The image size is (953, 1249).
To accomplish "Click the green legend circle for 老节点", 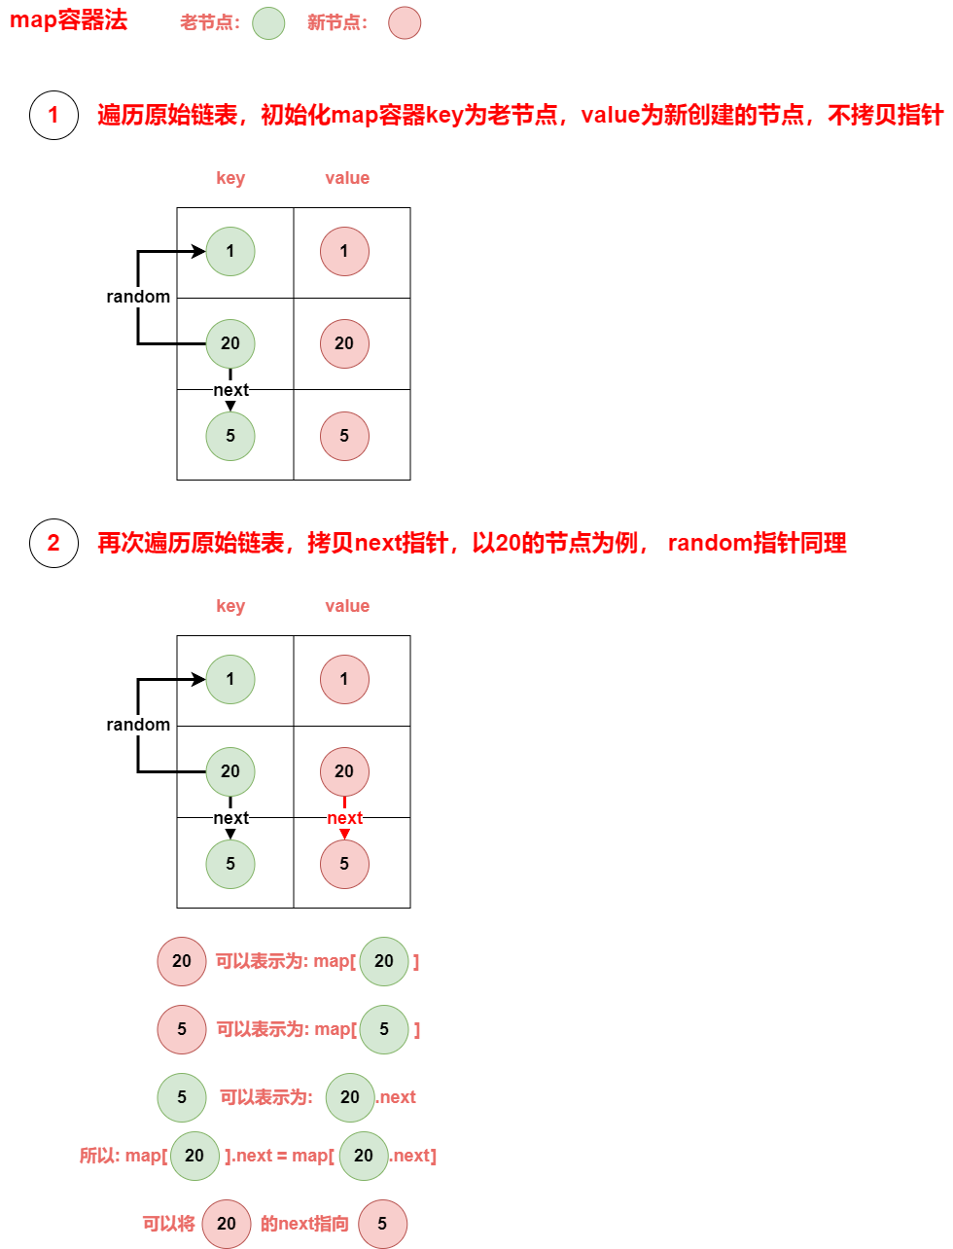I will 268,23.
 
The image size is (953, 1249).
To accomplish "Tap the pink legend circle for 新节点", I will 405,23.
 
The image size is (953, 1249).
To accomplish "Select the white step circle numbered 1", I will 53,115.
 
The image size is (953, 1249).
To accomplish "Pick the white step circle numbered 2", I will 53,543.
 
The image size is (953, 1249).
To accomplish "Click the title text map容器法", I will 68,21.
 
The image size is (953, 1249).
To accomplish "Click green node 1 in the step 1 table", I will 230,251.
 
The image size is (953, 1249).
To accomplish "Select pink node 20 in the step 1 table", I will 344,343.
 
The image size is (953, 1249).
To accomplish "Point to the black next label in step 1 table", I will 230,390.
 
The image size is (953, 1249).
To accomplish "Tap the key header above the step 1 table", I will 230,178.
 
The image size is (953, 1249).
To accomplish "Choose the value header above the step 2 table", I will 347,606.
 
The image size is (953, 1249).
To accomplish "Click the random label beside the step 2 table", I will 138,725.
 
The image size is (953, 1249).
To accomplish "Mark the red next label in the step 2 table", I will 344,818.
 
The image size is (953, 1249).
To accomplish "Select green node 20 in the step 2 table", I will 230,771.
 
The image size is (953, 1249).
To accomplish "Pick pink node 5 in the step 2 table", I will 344,864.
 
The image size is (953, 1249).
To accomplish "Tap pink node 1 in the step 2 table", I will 344,679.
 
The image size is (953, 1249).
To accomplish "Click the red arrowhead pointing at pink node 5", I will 344,833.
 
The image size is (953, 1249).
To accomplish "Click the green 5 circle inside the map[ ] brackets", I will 384,1029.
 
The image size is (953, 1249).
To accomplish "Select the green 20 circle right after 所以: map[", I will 194,1156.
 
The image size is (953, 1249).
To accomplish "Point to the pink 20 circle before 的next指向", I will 227,1224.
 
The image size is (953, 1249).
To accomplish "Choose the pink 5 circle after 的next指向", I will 382,1224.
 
